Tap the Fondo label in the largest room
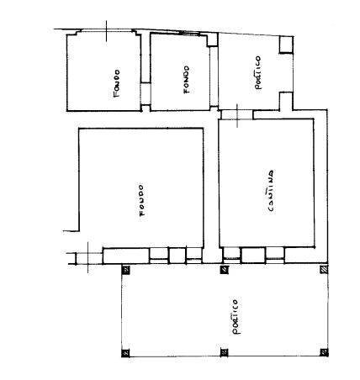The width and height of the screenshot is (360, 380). pos(142,200)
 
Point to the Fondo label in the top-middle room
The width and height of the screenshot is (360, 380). pos(186,80)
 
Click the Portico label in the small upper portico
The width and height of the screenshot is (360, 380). pos(258,73)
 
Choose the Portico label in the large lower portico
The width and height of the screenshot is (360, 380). pos(236,317)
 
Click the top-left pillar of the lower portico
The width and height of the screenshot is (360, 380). pos(126,270)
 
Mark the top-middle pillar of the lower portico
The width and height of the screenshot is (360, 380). pos(224,270)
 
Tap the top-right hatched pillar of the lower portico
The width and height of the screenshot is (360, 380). pos(324,270)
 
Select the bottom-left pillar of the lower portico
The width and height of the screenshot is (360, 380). pos(126,353)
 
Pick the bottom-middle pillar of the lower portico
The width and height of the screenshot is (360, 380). pos(224,352)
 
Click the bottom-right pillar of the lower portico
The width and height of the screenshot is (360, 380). pos(324,352)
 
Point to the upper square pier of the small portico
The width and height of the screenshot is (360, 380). pos(286,45)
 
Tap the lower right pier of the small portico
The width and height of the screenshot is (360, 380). pos(286,101)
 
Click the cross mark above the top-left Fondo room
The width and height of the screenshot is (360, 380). pos(106,31)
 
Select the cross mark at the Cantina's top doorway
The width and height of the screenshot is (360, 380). pos(237,116)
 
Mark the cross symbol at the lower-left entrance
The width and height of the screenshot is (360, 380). pos(87,257)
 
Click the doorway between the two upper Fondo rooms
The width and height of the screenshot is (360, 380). pos(146,93)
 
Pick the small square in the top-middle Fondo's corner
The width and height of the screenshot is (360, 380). pos(212,40)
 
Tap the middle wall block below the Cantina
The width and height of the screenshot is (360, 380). pos(253,256)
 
